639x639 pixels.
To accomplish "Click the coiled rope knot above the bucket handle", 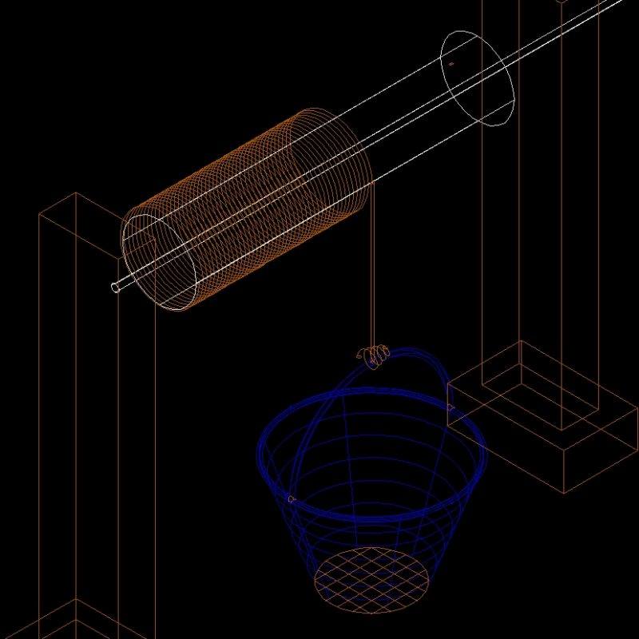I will pos(374,355).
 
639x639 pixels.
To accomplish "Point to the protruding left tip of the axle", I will pos(117,288).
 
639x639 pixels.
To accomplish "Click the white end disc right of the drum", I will pos(477,78).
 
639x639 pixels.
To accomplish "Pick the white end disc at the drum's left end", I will pos(160,261).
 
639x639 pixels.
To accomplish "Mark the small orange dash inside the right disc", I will pos(451,63).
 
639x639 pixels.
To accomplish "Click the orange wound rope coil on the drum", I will pos(248,200).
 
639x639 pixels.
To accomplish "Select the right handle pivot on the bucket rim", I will pos(451,410).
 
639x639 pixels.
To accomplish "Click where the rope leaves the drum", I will pos(371,185).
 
